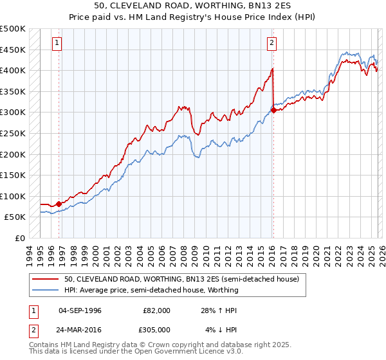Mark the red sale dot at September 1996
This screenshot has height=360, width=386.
point(59,204)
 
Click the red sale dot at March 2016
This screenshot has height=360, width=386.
point(273,110)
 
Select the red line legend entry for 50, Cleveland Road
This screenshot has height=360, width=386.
point(181,279)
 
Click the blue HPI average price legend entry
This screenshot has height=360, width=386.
point(151,290)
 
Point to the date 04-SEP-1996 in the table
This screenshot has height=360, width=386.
point(80,310)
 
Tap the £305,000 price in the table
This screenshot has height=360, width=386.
point(157,330)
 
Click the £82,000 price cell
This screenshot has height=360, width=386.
point(157,310)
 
